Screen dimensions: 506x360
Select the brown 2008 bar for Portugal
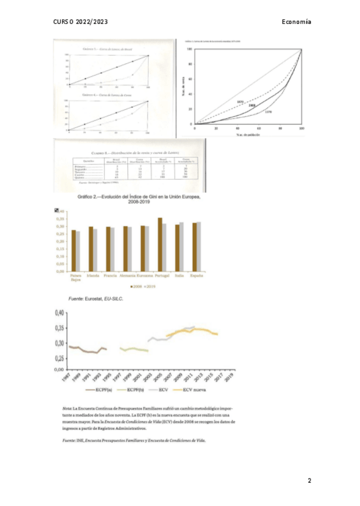coord(160,245)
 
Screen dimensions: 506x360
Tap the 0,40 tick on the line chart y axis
coord(59,313)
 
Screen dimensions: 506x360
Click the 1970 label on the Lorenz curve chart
coord(239,101)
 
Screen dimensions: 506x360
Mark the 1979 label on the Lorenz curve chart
coord(268,112)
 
